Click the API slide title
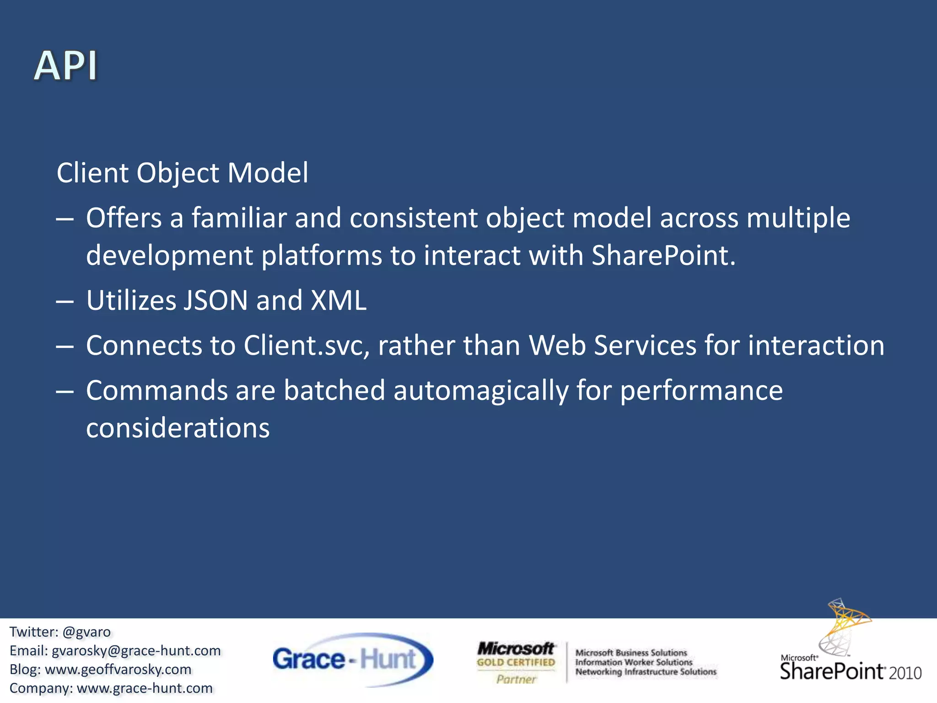[66, 66]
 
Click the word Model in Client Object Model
[268, 173]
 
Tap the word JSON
[215, 301]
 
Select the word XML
[339, 301]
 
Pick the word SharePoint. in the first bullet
[663, 255]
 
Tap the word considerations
[178, 428]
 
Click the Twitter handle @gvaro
[86, 632]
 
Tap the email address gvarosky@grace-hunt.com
[136, 651]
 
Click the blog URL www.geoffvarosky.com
[118, 670]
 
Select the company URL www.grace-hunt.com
[145, 688]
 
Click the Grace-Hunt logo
[352, 660]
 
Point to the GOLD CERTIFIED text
[516, 662]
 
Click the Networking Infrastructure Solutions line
[646, 672]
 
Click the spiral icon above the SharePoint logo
[844, 627]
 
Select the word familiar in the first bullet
[239, 218]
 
